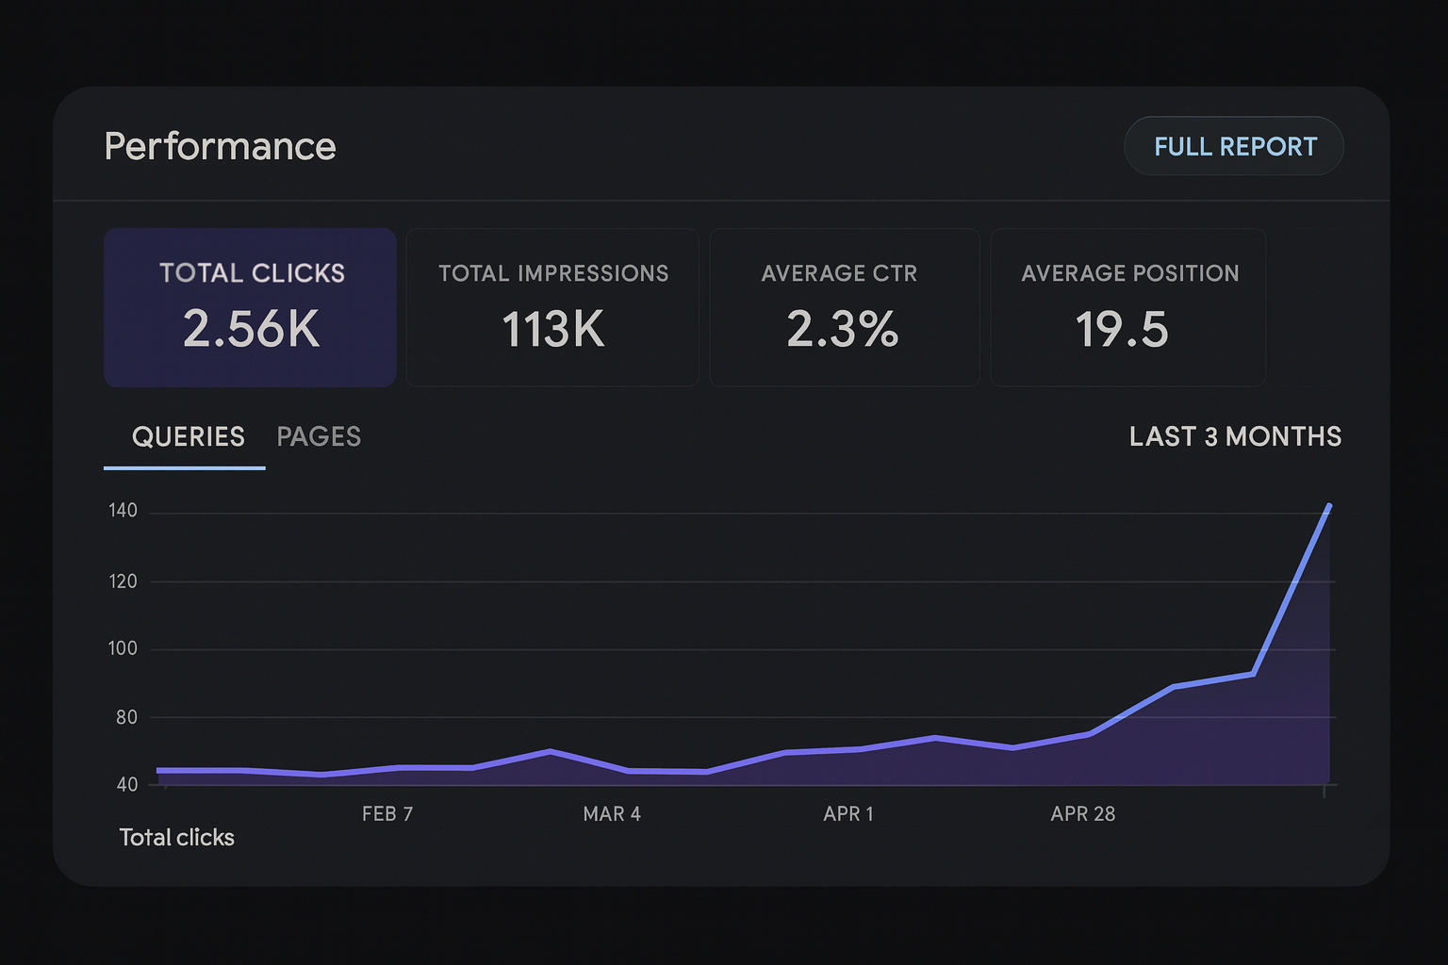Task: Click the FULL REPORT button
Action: (1234, 146)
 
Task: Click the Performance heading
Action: (220, 146)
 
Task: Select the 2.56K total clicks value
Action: (251, 329)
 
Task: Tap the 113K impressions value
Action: (552, 330)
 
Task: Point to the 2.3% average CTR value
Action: (843, 330)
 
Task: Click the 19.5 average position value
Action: (1122, 330)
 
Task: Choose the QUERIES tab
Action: (188, 436)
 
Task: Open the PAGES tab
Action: (319, 436)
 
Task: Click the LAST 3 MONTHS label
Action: (1235, 436)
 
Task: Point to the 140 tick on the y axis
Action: (123, 511)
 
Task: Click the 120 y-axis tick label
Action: (123, 581)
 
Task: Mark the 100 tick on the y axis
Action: (123, 648)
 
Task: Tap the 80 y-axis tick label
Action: (126, 717)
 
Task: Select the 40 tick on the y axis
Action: (126, 784)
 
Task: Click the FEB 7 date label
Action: (387, 813)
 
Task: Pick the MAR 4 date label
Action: (612, 813)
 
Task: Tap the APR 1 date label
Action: (848, 813)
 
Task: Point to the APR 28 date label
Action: (1083, 813)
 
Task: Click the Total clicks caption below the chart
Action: (176, 837)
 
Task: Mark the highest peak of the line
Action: (1329, 506)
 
